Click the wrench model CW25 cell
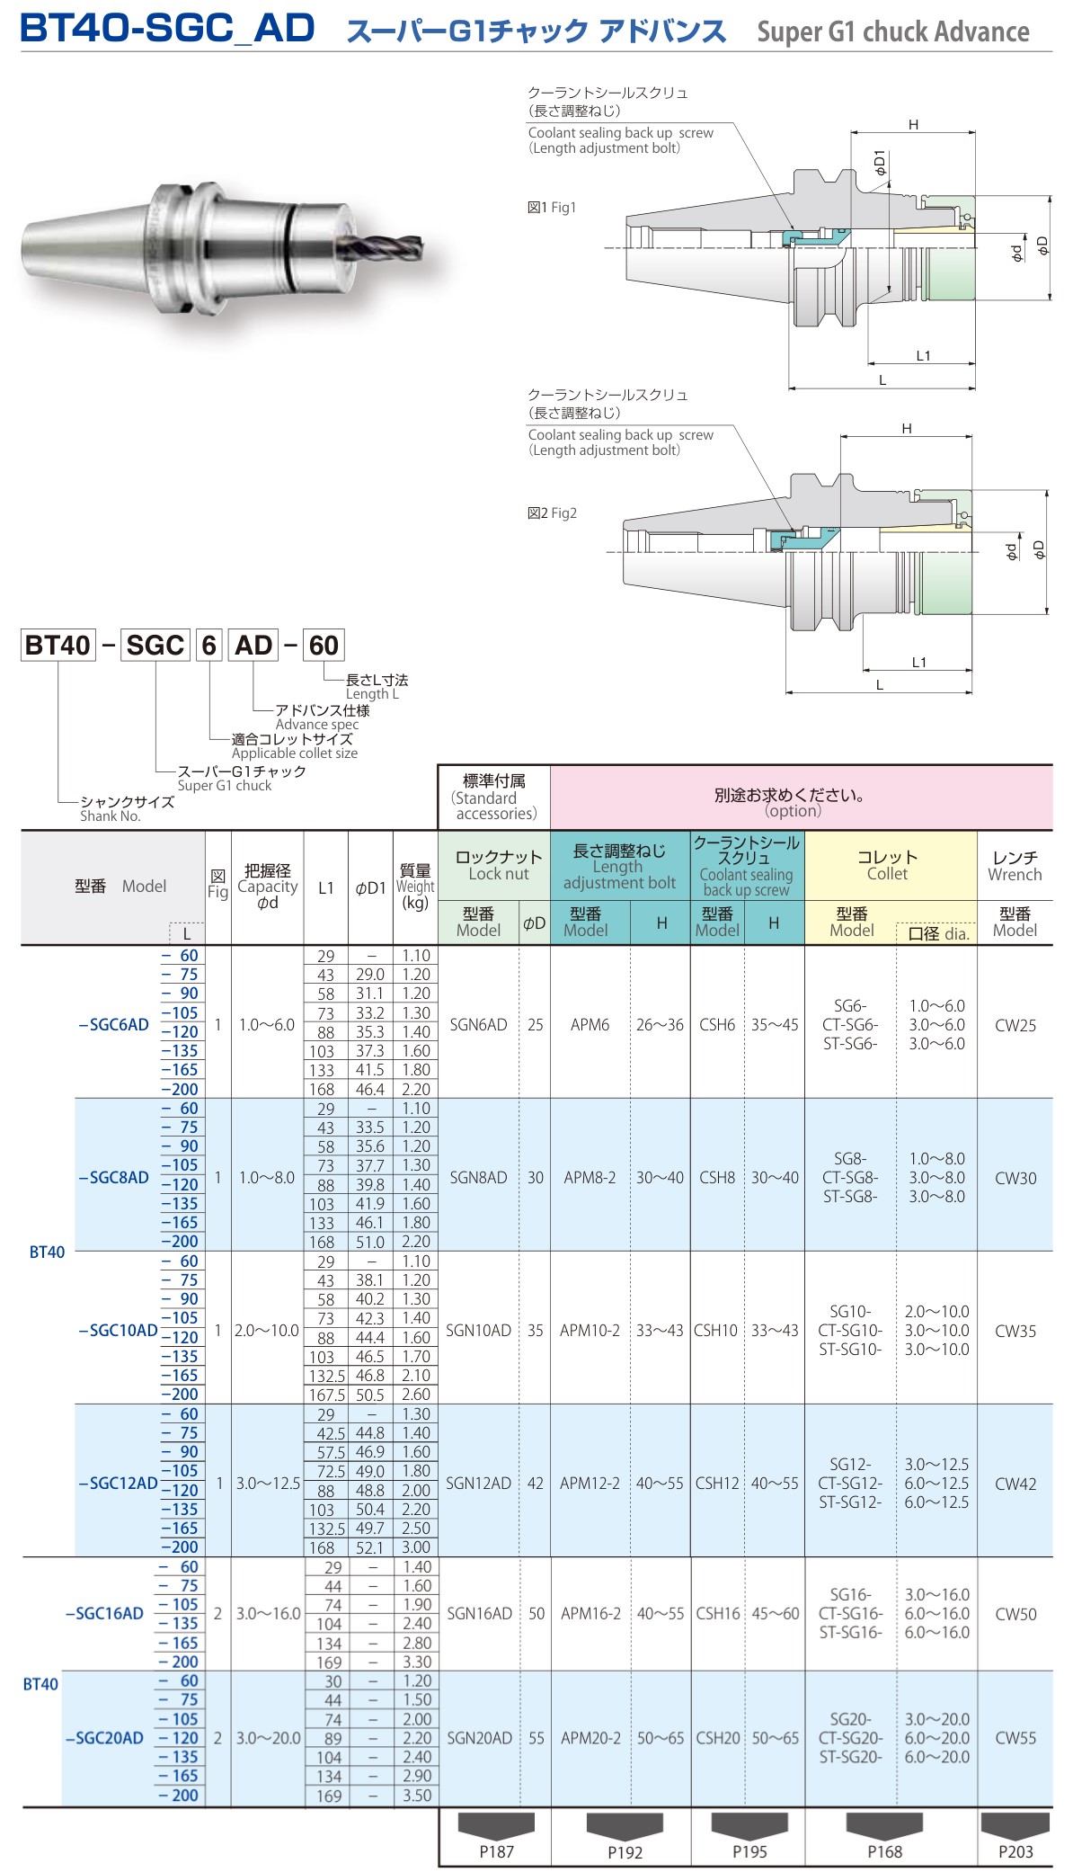tap(1015, 1025)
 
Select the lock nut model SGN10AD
tap(478, 1331)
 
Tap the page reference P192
tap(625, 1851)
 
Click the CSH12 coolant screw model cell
tap(717, 1484)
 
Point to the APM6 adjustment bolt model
tap(590, 1025)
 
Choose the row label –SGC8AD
tap(114, 1178)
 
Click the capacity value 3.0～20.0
tap(268, 1738)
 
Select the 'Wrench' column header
tap(1015, 866)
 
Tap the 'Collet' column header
tap(887, 866)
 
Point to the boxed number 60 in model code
tap(324, 646)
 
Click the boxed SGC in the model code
tap(155, 646)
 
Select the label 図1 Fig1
tap(552, 208)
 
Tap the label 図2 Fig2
tap(552, 513)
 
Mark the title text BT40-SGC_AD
tap(168, 29)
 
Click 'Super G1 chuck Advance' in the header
tap(892, 32)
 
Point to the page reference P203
tap(1015, 1851)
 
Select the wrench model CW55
tap(1015, 1738)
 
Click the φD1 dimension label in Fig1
tap(880, 163)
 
